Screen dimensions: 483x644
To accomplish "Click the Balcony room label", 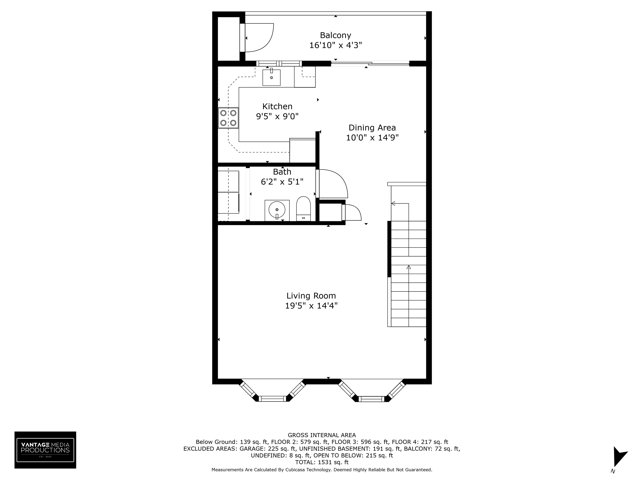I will [335, 35].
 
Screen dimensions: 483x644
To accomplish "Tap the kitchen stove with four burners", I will [228, 118].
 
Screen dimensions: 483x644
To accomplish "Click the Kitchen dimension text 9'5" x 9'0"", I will [277, 117].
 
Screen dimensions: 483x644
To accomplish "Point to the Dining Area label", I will [372, 127].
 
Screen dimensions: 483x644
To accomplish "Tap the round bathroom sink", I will [277, 210].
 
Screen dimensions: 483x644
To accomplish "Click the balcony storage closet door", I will [259, 38].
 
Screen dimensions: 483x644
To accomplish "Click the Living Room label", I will [311, 296].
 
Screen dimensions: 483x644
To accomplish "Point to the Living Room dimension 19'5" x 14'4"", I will [311, 306].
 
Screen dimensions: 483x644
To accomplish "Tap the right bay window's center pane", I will [371, 399].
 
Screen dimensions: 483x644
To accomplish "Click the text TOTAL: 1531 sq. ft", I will [322, 462].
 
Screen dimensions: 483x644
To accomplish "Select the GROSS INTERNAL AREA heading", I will [322, 435].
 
